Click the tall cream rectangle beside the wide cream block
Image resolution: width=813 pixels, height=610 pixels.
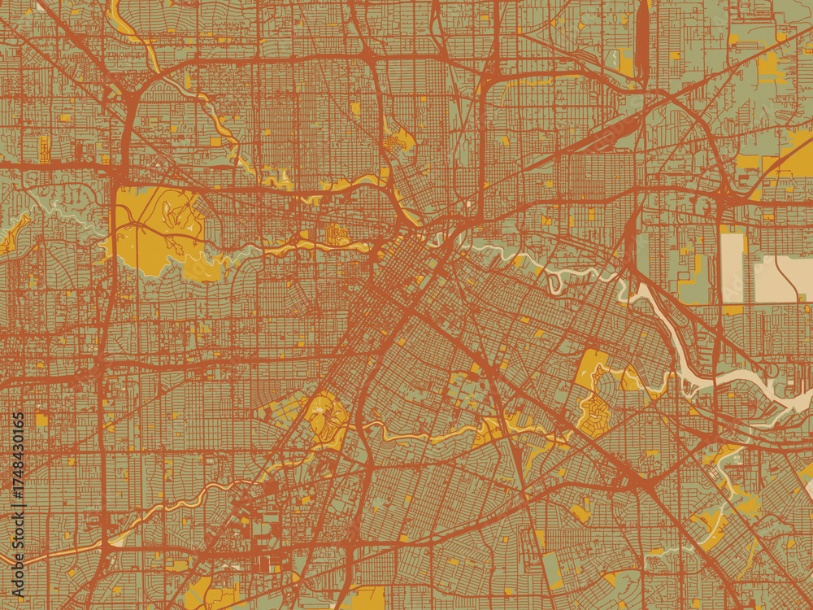[x=732, y=268]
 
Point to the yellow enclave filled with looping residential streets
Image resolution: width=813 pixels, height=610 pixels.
[x=598, y=399]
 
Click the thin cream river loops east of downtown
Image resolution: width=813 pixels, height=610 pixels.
[x=561, y=277]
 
